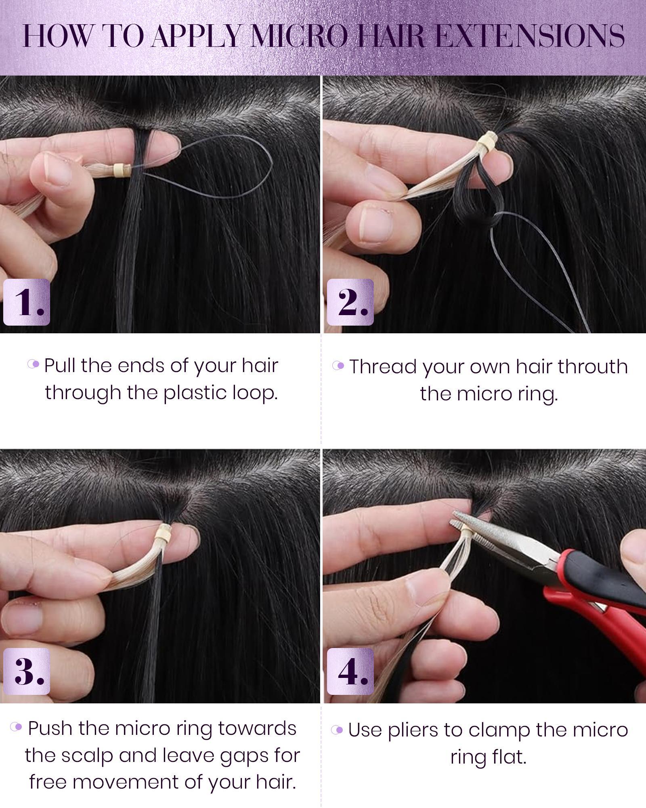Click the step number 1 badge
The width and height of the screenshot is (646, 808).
coord(26,302)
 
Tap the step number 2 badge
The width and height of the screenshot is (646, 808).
coord(350,302)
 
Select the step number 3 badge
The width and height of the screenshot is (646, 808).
coord(26,671)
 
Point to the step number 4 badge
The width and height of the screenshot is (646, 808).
coord(350,671)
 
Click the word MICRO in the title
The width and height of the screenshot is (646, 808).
coord(299,36)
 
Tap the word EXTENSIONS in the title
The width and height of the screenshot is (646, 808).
coord(531,36)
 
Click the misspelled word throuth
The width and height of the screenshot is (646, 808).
coord(593,367)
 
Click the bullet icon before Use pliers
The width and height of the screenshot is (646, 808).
coord(337,730)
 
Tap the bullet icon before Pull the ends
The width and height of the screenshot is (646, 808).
coord(34,364)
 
